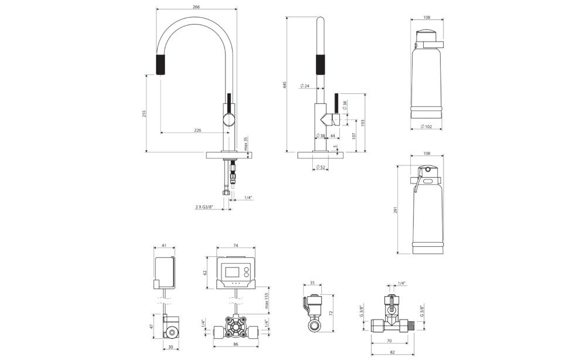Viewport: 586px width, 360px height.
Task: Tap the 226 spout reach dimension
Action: click(x=197, y=130)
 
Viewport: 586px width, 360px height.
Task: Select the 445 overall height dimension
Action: click(x=284, y=85)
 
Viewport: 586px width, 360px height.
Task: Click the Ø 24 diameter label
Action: click(x=304, y=86)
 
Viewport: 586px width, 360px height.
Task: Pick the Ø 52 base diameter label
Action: click(x=321, y=168)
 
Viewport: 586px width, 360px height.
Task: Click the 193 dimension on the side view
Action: click(x=363, y=124)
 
